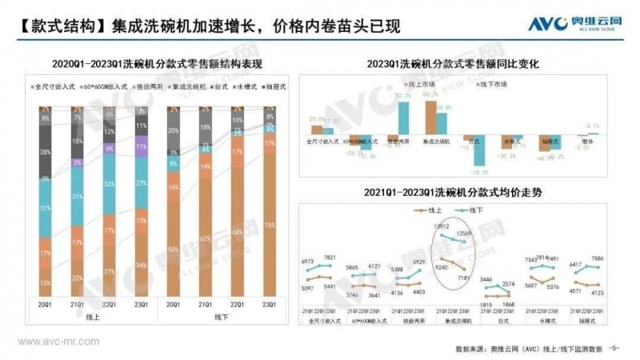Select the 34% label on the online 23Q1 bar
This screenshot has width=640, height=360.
tap(142, 265)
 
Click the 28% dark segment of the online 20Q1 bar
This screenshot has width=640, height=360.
tap(45, 152)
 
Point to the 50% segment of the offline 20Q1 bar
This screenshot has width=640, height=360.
tap(174, 249)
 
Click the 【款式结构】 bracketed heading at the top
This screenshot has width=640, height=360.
tap(50, 25)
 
